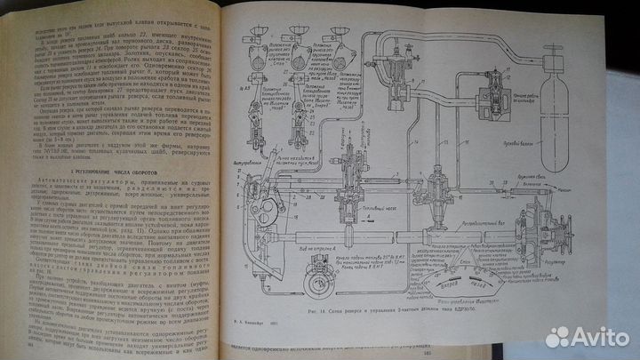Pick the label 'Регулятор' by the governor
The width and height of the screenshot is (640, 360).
579,263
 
